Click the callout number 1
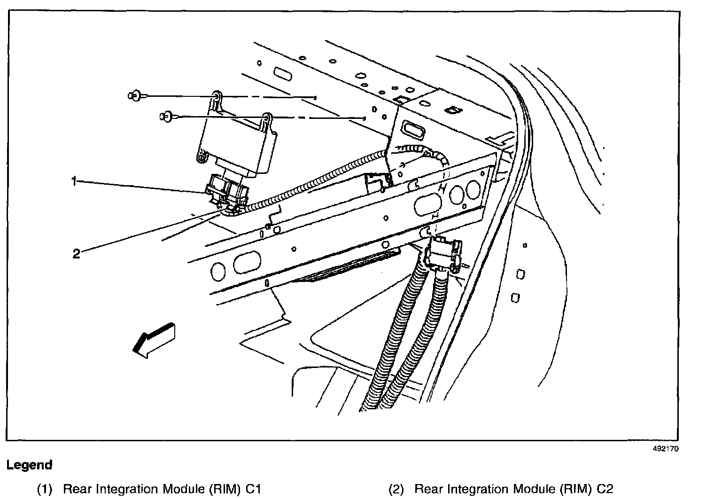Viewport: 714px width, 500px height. pos(74,181)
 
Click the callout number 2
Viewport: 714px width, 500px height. pos(76,254)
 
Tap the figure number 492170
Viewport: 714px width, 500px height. pos(666,448)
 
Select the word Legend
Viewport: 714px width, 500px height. pos(29,465)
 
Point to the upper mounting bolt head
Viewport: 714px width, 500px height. pos(133,96)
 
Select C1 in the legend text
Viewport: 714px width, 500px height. pos(253,489)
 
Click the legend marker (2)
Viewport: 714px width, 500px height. pos(396,489)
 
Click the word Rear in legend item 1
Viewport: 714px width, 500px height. pos(77,489)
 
